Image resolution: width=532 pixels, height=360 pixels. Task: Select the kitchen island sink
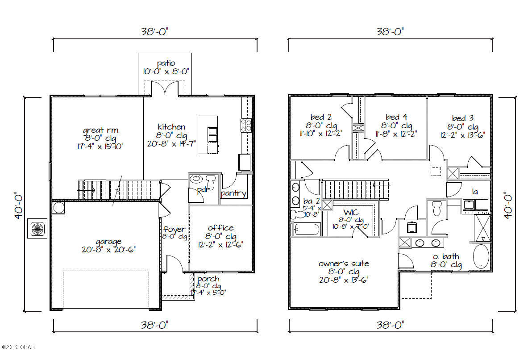pos(212,134)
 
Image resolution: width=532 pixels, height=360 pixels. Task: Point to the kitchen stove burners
pos(246,125)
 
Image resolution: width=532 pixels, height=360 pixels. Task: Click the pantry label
pos(233,193)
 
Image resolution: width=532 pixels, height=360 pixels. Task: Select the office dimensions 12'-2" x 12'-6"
pos(220,245)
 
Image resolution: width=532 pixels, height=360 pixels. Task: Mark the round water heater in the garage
pos(58,207)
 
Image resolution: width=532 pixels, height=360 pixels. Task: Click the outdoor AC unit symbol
pos(36,229)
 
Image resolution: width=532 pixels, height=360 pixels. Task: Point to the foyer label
pos(175,229)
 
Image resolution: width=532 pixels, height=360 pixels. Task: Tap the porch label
pos(208,279)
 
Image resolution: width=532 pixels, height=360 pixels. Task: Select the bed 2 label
pos(321,118)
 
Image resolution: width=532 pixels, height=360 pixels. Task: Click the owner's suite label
pos(344,264)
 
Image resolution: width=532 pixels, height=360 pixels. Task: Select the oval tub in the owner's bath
pos(480,257)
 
